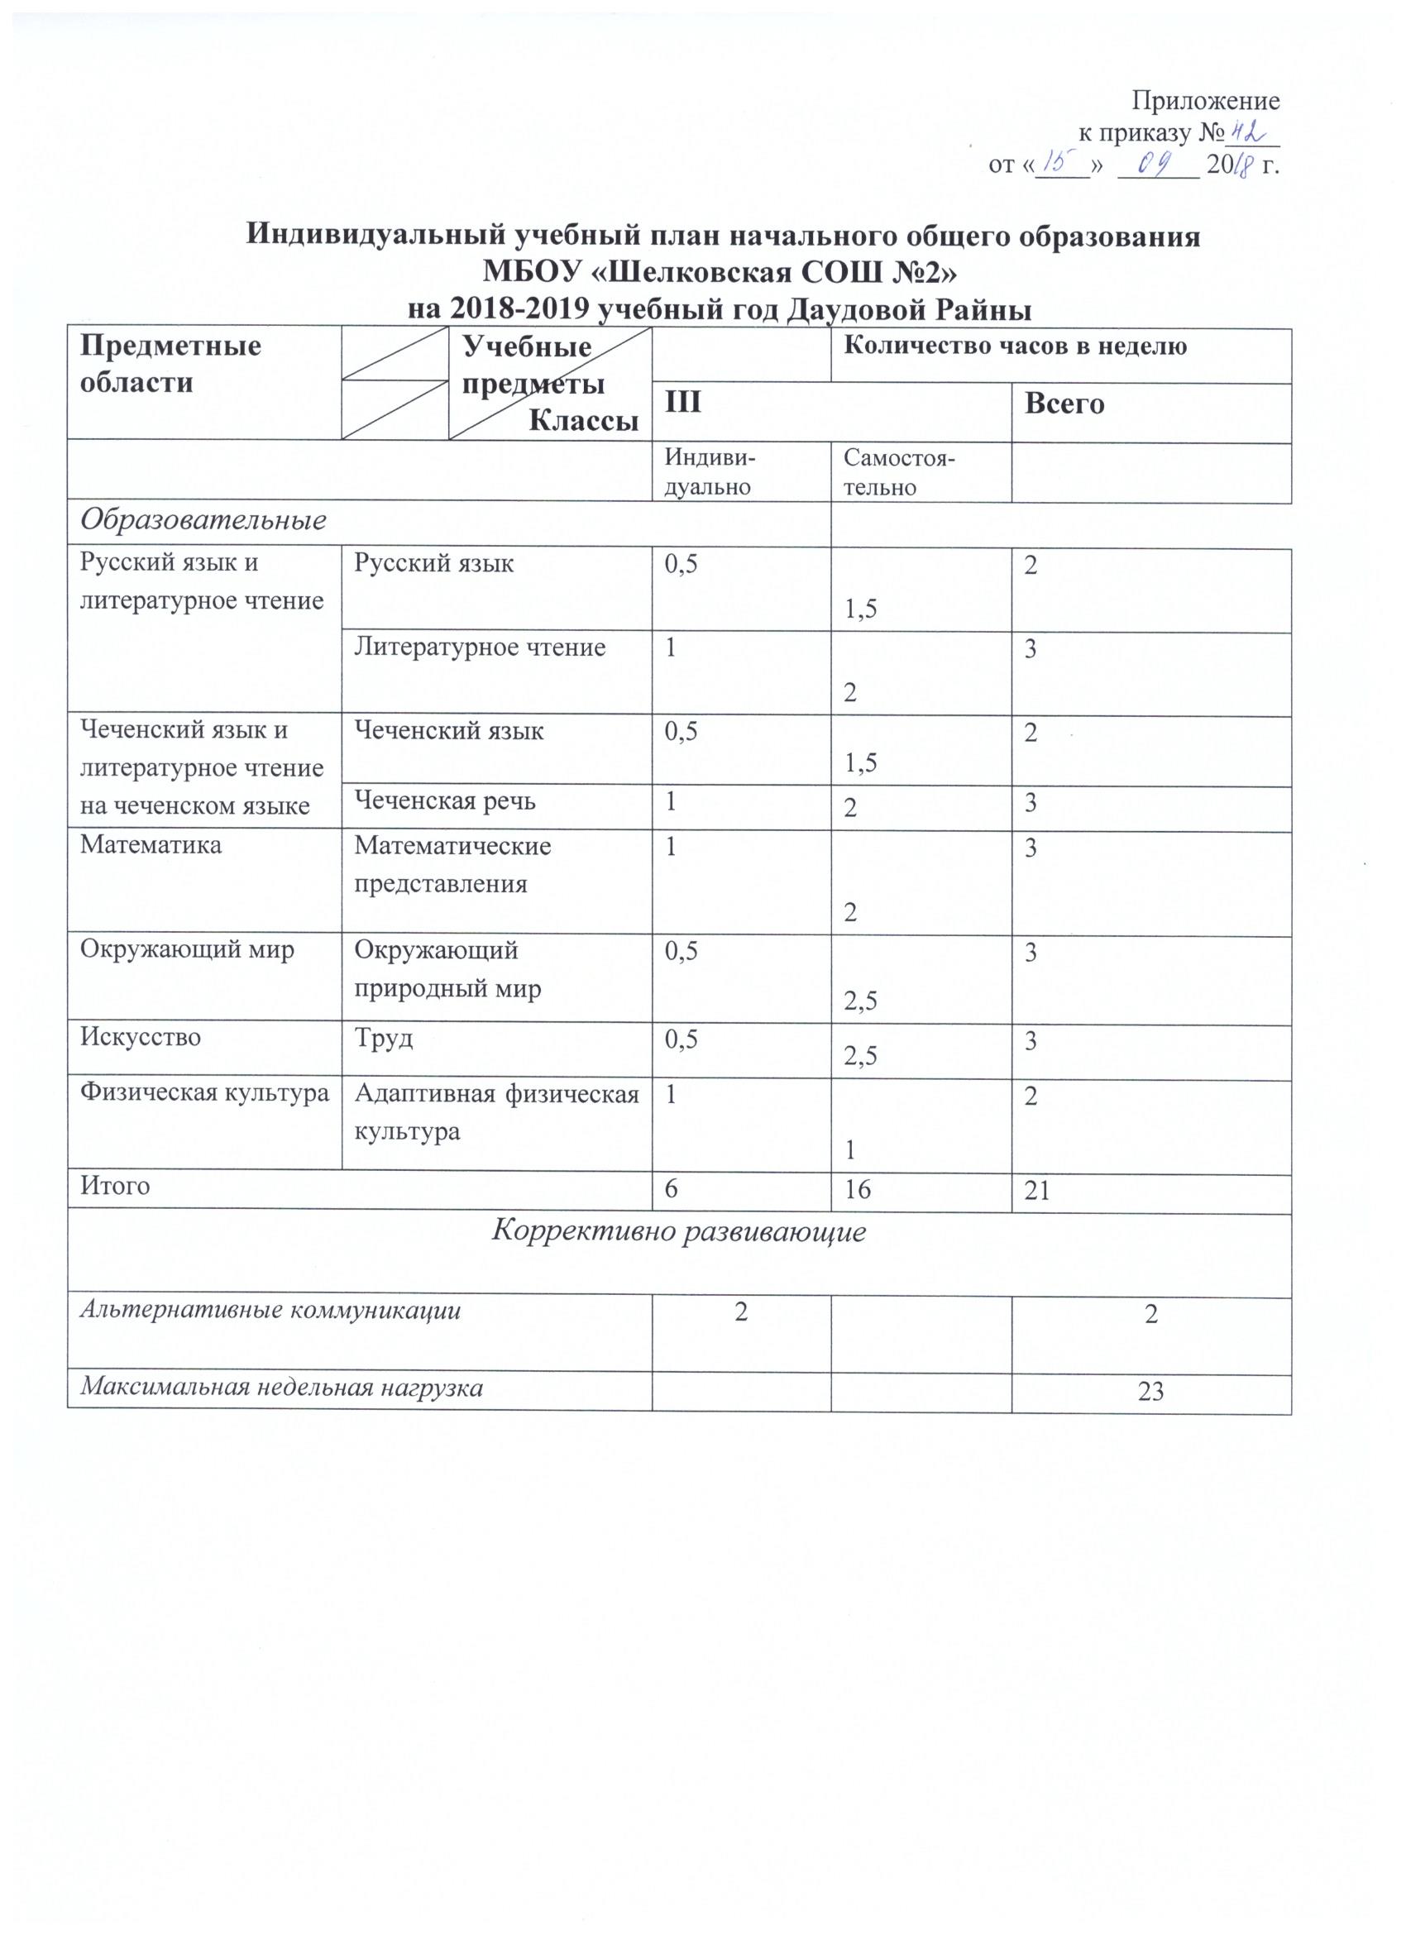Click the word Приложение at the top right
pyautogui.click(x=1205, y=102)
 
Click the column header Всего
pyautogui.click(x=1064, y=403)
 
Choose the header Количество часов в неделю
pyautogui.click(x=1015, y=347)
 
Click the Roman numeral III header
pyautogui.click(x=683, y=403)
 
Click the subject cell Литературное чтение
pyautogui.click(x=480, y=647)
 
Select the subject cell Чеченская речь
pyautogui.click(x=444, y=801)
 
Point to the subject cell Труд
pyautogui.click(x=383, y=1039)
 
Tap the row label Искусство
pyautogui.click(x=141, y=1038)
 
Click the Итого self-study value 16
pyautogui.click(x=858, y=1188)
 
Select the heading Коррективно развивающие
pyautogui.click(x=680, y=1232)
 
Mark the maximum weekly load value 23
pyautogui.click(x=1151, y=1393)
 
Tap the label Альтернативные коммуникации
pyautogui.click(x=270, y=1311)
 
